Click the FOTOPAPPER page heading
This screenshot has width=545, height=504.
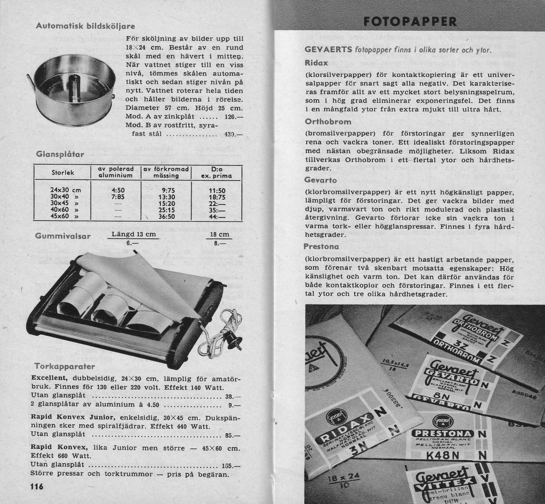(x=410, y=22)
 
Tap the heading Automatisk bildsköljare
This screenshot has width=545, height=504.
(x=85, y=26)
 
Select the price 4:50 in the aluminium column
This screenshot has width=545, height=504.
(x=118, y=190)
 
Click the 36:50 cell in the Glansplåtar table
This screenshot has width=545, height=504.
(x=166, y=217)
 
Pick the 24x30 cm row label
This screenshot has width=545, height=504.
(x=66, y=190)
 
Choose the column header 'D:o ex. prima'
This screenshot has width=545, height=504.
(x=216, y=172)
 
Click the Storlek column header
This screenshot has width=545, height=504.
(x=63, y=173)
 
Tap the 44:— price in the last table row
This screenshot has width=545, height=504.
(x=217, y=217)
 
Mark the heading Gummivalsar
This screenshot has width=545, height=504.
(x=63, y=236)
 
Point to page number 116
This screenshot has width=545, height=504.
(x=37, y=486)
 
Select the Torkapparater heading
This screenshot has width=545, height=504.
(x=65, y=366)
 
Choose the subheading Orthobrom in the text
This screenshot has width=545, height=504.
(x=328, y=121)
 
